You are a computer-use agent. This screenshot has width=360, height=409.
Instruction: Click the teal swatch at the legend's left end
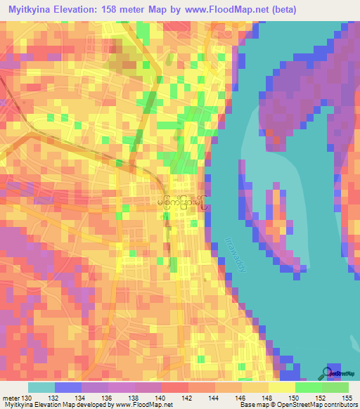(41, 387)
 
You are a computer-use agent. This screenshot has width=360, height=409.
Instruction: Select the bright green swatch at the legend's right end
(335, 387)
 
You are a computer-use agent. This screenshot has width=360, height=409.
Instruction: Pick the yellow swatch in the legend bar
(281, 387)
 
